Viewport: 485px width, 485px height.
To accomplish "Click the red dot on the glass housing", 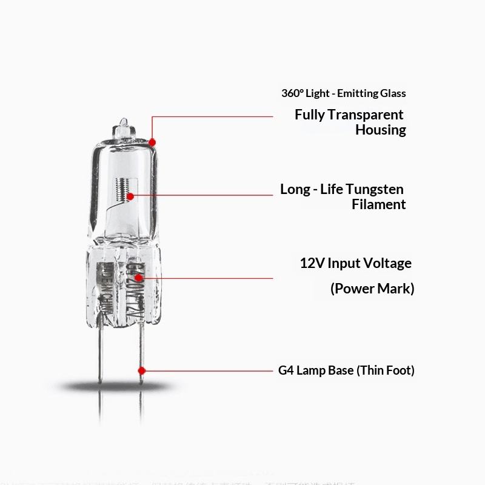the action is (x=152, y=142).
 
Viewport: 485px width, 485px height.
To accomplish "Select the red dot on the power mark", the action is (x=144, y=277).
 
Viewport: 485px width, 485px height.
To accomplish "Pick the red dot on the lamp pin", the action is (x=142, y=369).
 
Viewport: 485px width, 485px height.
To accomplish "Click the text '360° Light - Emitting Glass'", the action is (x=343, y=93).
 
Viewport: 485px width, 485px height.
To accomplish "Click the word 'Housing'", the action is (x=380, y=130).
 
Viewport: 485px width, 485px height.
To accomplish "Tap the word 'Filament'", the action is (x=378, y=204).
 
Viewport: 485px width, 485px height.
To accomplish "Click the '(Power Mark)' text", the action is (x=372, y=289).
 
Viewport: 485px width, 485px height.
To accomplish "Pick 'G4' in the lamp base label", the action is (x=286, y=370).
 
